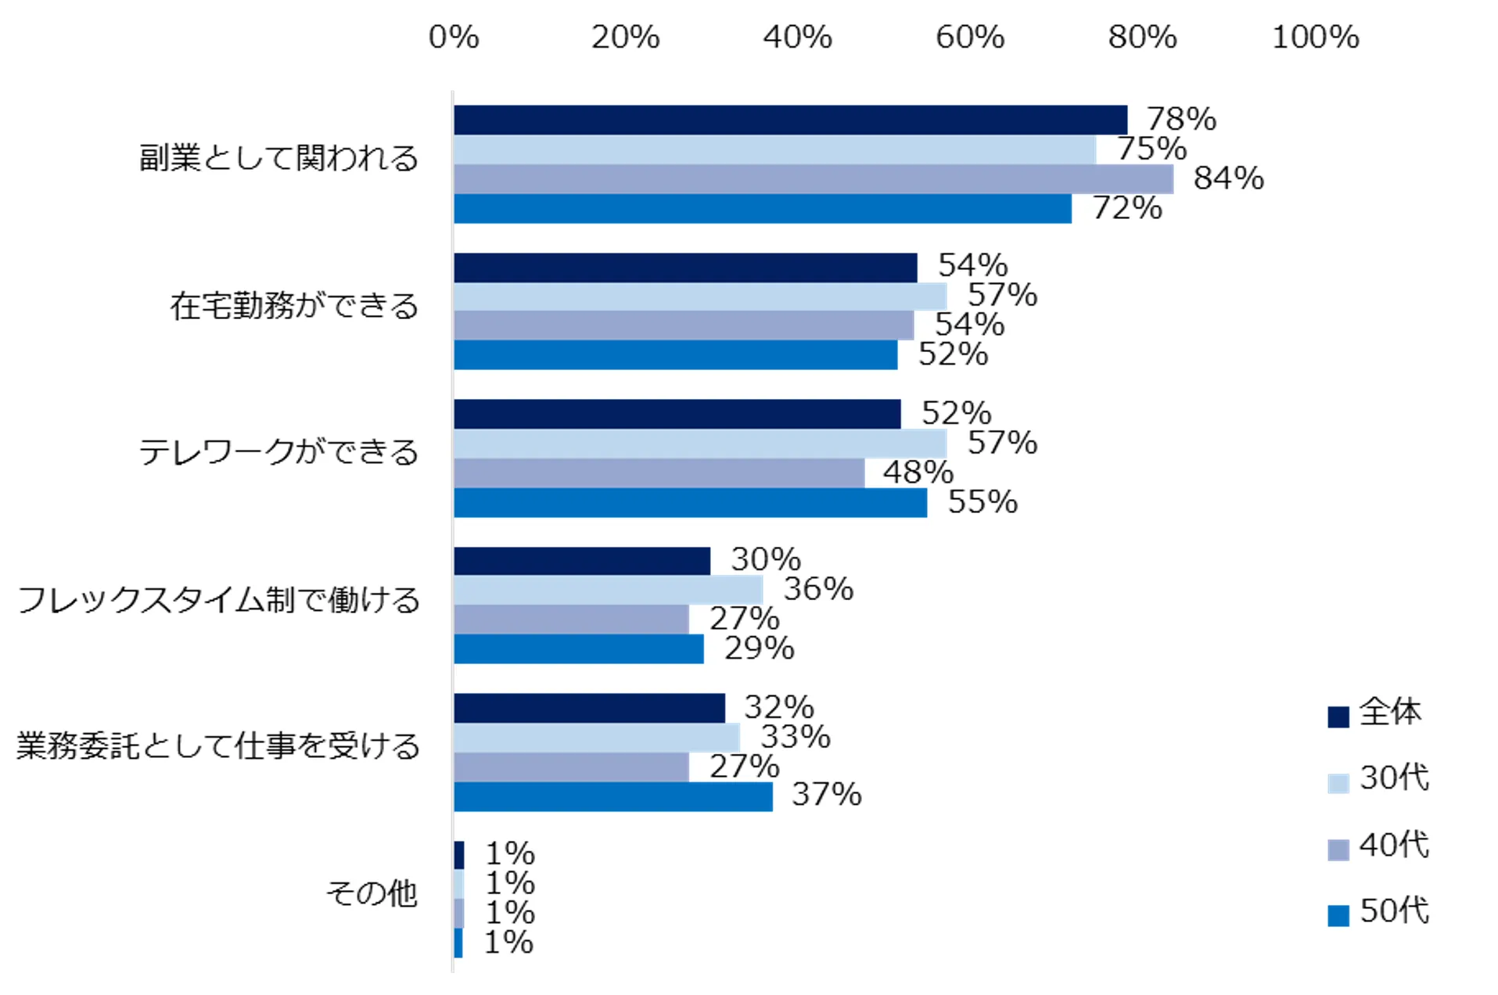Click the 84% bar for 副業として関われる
click(x=814, y=179)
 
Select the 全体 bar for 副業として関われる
click(x=790, y=120)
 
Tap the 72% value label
click(x=1127, y=209)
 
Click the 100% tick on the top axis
click(x=1315, y=38)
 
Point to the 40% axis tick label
click(x=797, y=38)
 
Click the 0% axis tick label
click(x=454, y=38)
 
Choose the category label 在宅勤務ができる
click(x=294, y=306)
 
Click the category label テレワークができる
click(x=278, y=453)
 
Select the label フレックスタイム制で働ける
click(x=218, y=600)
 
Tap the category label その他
click(x=372, y=893)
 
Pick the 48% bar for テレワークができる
click(x=659, y=473)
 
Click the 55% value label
click(x=983, y=502)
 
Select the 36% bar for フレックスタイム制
click(x=608, y=590)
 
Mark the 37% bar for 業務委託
click(x=612, y=797)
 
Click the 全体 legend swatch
click(x=1338, y=717)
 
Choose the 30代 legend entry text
click(x=1394, y=778)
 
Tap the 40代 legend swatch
click(x=1338, y=850)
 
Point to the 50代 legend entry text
click(x=1394, y=911)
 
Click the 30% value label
click(x=766, y=560)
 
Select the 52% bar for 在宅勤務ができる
click(x=675, y=355)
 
